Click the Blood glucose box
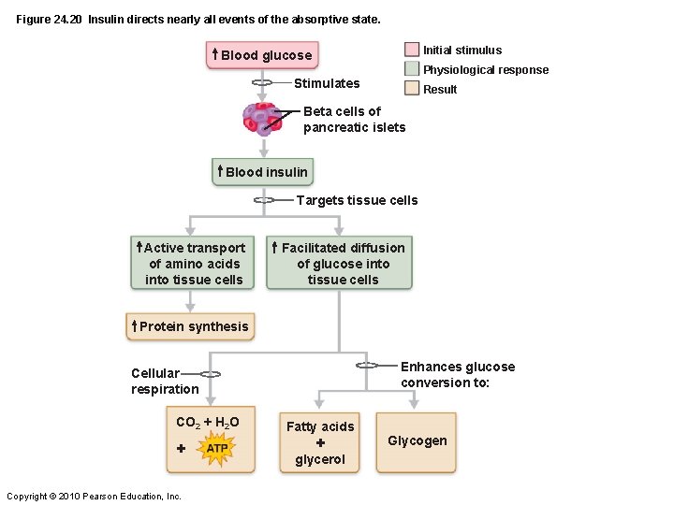tap(261, 55)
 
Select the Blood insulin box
tap(262, 172)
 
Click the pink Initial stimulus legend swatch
tap(412, 50)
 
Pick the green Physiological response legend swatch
tap(412, 69)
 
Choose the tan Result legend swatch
tap(412, 89)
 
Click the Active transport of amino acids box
tap(192, 264)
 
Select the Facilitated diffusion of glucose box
tap(340, 264)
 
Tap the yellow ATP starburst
tap(216, 449)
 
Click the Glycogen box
tap(417, 440)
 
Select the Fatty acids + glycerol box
tap(320, 442)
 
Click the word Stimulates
tap(327, 83)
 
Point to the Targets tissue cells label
tap(357, 200)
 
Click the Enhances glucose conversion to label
tap(457, 374)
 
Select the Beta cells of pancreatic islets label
tap(354, 119)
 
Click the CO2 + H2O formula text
tap(208, 422)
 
